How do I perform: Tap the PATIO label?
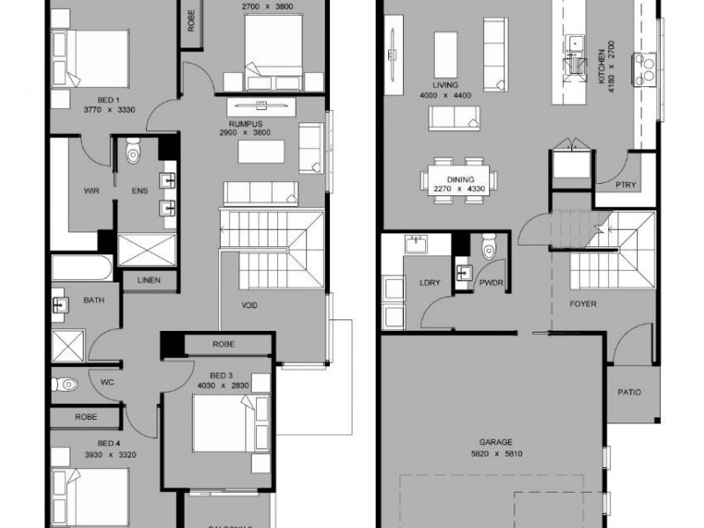(628, 392)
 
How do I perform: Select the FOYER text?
(583, 304)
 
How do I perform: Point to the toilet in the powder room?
(490, 249)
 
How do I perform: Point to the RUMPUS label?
(246, 124)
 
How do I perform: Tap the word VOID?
(250, 305)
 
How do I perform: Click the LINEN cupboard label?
(149, 281)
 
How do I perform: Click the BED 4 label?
(107, 442)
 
